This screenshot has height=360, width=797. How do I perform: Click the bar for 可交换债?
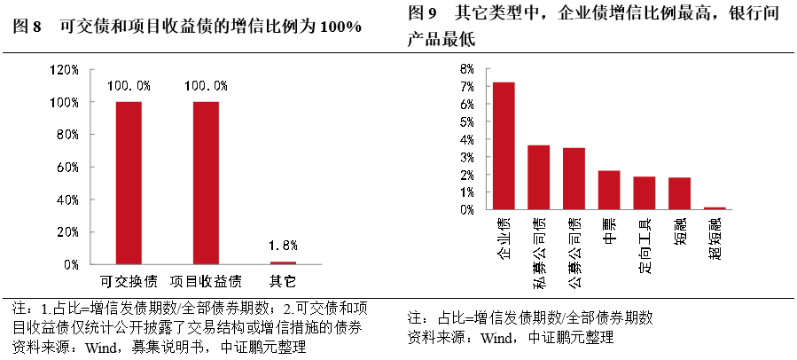[129, 183]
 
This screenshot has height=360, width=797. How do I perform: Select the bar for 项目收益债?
[206, 183]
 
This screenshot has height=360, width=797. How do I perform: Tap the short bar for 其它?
[283, 262]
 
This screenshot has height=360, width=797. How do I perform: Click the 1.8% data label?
[283, 246]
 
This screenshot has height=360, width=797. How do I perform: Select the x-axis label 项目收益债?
[206, 282]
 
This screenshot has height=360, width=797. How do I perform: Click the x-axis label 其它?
[283, 282]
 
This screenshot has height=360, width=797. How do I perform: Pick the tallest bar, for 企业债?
[504, 145]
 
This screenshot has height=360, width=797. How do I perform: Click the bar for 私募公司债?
[539, 177]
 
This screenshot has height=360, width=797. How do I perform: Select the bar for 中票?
[609, 190]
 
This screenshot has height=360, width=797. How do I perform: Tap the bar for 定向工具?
[645, 193]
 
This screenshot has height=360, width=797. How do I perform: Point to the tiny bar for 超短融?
[715, 208]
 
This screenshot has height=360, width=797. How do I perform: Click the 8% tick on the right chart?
[467, 69]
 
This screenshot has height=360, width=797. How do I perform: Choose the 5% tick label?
[467, 122]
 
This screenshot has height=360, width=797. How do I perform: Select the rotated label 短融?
[680, 231]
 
